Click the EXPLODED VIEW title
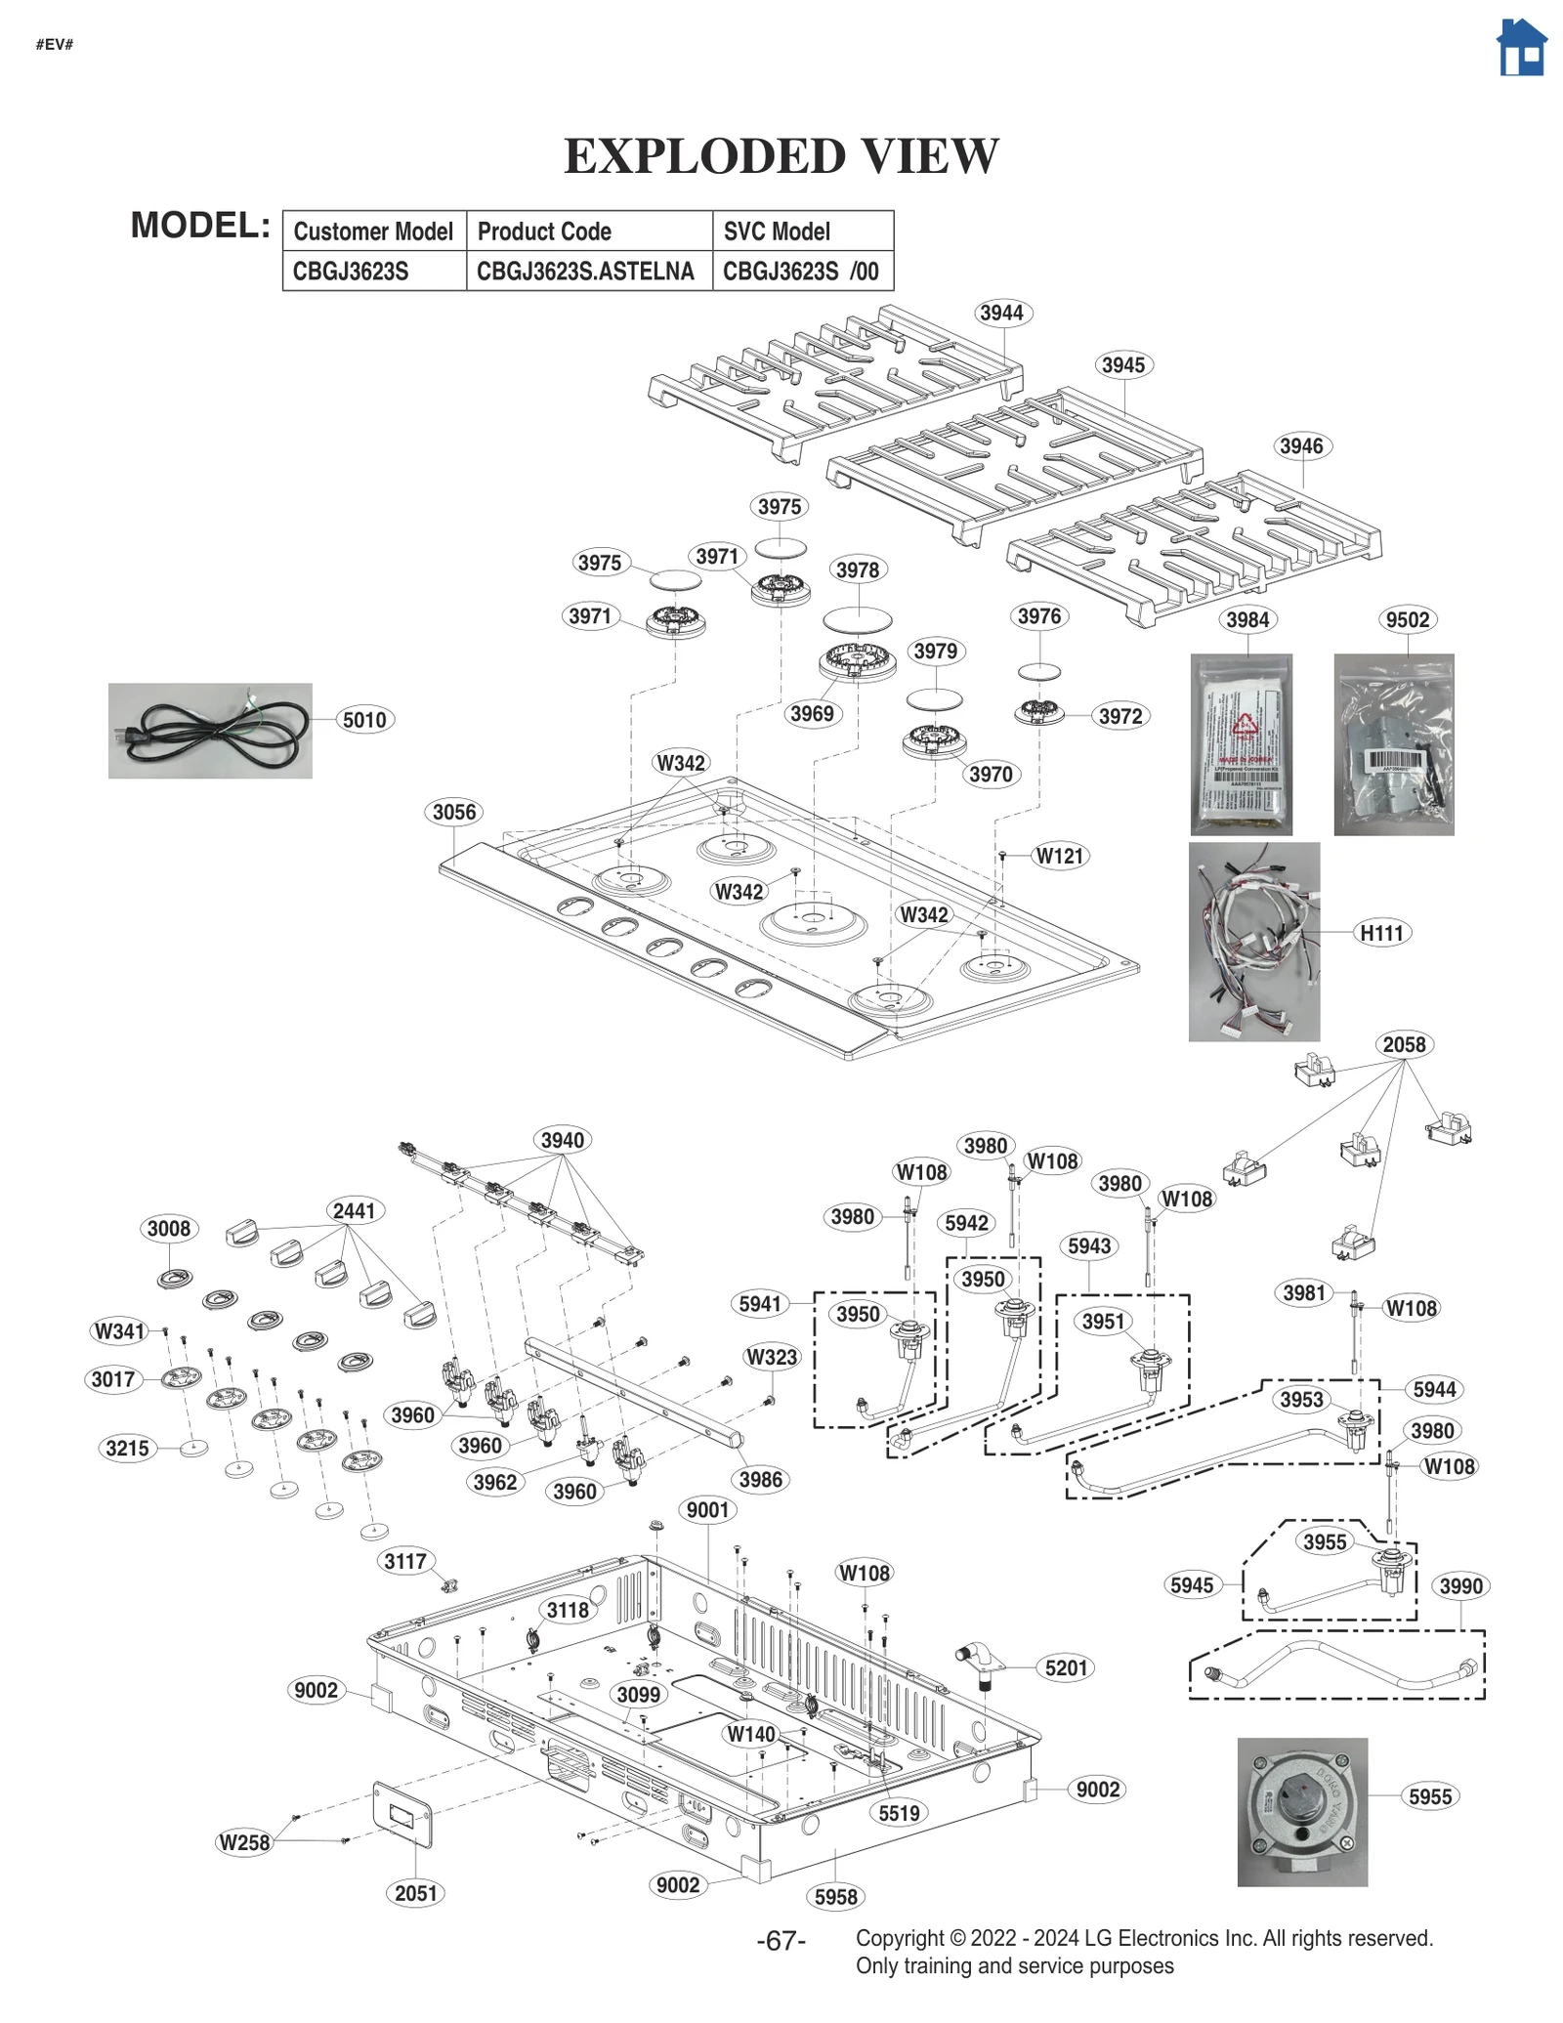[x=781, y=156]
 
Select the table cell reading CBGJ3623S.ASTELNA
[x=585, y=272]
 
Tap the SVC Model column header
[x=777, y=232]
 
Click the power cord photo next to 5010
[x=210, y=731]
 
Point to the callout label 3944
[x=1001, y=313]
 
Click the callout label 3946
[x=1301, y=446]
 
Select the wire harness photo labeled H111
[x=1253, y=942]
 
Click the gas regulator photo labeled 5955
[x=1301, y=1811]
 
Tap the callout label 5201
[x=1066, y=1667]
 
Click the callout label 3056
[x=454, y=812]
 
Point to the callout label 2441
[x=354, y=1211]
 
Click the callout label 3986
[x=760, y=1479]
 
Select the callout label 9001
[x=707, y=1510]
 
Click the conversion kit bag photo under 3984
[x=1241, y=744]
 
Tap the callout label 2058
[x=1404, y=1044]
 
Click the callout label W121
[x=1060, y=857]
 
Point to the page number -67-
[x=781, y=1941]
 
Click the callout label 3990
[x=1460, y=1586]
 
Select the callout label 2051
[x=416, y=1893]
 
